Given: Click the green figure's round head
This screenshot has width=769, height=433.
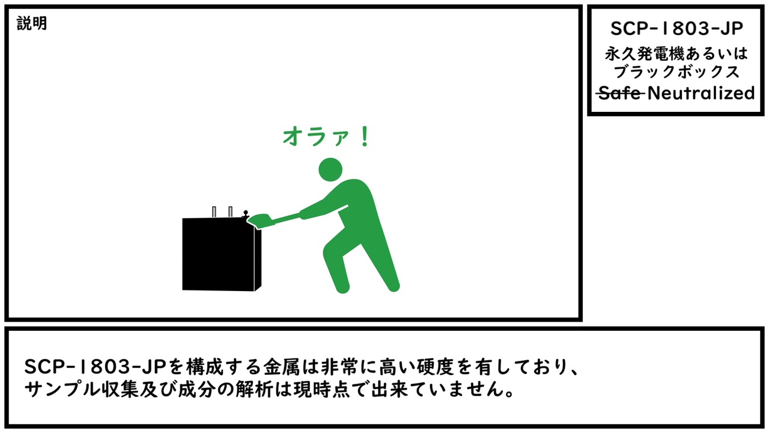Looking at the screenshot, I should point(330,170).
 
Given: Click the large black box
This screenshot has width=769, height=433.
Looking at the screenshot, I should point(220,254).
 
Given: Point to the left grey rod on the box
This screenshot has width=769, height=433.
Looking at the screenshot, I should point(214,212).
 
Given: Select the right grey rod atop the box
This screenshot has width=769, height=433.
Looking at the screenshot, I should point(230,212).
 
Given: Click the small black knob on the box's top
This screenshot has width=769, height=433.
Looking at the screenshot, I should point(245,213).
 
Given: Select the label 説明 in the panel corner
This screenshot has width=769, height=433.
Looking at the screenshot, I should point(32,24).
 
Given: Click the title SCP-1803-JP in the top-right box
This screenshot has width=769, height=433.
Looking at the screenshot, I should point(676,28).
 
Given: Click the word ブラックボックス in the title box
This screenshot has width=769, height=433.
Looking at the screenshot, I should point(676,72).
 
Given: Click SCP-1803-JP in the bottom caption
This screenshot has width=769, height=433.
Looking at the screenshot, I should point(84,367).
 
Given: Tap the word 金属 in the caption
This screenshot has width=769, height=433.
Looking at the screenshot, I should point(277,367).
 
